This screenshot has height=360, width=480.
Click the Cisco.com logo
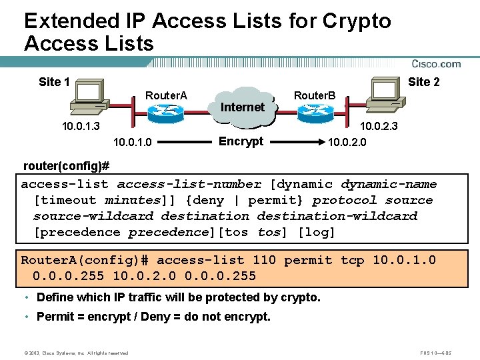[x=436, y=64]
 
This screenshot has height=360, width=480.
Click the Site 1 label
[x=55, y=82]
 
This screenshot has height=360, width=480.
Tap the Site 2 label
[x=424, y=82]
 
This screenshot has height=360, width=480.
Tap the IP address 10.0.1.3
[x=81, y=126]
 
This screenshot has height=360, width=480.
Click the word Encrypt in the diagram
[x=241, y=141]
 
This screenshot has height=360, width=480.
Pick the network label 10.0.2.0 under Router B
[x=346, y=142]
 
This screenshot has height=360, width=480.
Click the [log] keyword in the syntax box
[x=316, y=232]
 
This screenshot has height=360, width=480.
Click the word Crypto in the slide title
[x=357, y=21]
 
